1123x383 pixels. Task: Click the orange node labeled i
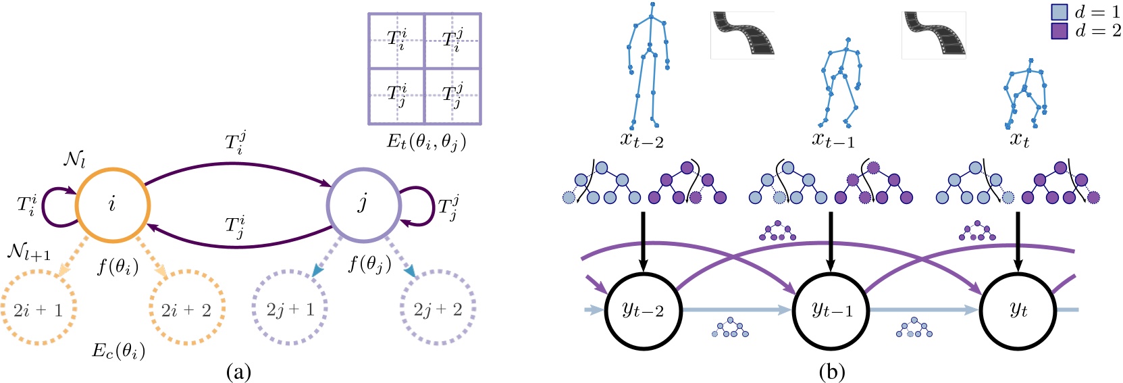tap(112, 203)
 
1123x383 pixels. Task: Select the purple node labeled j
tap(363, 203)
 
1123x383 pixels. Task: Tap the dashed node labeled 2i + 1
tap(38, 309)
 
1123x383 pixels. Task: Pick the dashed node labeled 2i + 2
tap(186, 309)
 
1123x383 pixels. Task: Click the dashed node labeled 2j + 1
tap(290, 309)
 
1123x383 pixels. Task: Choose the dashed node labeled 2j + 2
tap(438, 309)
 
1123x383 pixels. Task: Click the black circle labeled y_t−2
tap(643, 310)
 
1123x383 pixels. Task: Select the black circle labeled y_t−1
tap(831, 310)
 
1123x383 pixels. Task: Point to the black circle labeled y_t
tap(1018, 310)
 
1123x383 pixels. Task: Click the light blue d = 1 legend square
tap(1059, 12)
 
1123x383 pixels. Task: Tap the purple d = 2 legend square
tap(1059, 30)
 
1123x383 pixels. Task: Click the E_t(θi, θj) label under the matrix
tap(426, 141)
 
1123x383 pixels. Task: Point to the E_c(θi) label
tap(118, 351)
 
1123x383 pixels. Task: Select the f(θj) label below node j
tap(369, 263)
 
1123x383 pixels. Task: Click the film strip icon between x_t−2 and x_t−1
tap(742, 34)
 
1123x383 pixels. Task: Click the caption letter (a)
tap(238, 372)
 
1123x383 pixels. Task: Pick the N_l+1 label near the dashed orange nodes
tap(28, 252)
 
